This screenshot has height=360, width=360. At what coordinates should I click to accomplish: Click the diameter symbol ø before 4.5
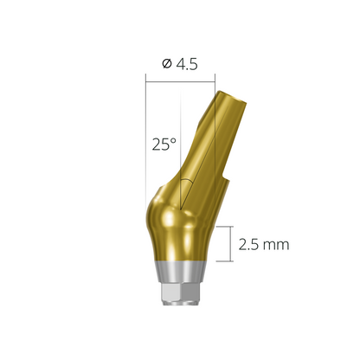tap(166, 63)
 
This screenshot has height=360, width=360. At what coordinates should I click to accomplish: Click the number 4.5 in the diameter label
tap(187, 63)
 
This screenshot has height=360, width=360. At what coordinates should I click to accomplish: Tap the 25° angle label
tap(163, 145)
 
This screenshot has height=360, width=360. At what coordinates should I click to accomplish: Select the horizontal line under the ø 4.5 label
tap(180, 81)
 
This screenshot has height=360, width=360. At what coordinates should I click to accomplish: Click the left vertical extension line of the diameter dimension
tap(145, 130)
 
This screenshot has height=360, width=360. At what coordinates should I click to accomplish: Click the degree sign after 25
tap(174, 140)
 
